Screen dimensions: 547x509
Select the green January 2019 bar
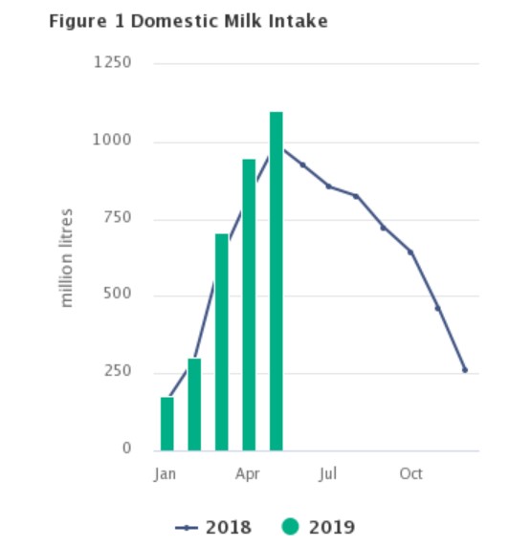[x=167, y=424]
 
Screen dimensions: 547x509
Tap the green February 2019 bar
[x=194, y=404]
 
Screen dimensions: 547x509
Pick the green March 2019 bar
[x=222, y=341]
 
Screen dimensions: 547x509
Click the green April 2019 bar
[x=249, y=304]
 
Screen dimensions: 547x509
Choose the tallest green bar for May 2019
[x=277, y=281]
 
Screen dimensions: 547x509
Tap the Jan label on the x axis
[x=166, y=474]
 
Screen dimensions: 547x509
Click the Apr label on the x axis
[x=248, y=474]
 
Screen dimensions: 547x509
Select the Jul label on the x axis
[x=329, y=474]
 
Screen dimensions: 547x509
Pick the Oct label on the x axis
[x=411, y=474]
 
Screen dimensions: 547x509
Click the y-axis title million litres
[x=67, y=256]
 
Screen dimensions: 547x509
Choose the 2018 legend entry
[x=214, y=527]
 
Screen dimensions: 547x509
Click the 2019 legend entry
[x=320, y=527]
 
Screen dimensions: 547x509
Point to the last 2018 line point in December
[x=465, y=370]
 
